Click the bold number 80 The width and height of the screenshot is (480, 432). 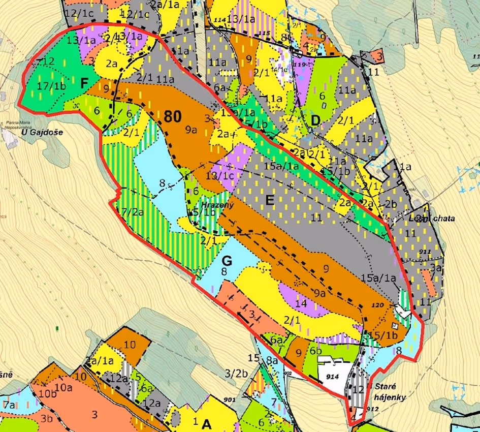pyautogui.click(x=173, y=116)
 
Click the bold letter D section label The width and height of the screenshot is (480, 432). pyautogui.click(x=315, y=121)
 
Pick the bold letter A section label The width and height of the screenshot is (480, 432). pyautogui.click(x=206, y=423)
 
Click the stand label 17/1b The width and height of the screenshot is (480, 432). pyautogui.click(x=52, y=86)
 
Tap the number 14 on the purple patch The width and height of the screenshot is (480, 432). pyautogui.click(x=301, y=303)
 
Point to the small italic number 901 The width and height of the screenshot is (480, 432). pyautogui.click(x=230, y=400)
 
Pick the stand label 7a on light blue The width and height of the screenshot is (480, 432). pyautogui.click(x=9, y=405)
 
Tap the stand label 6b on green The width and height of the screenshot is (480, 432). pyautogui.click(x=315, y=351)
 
